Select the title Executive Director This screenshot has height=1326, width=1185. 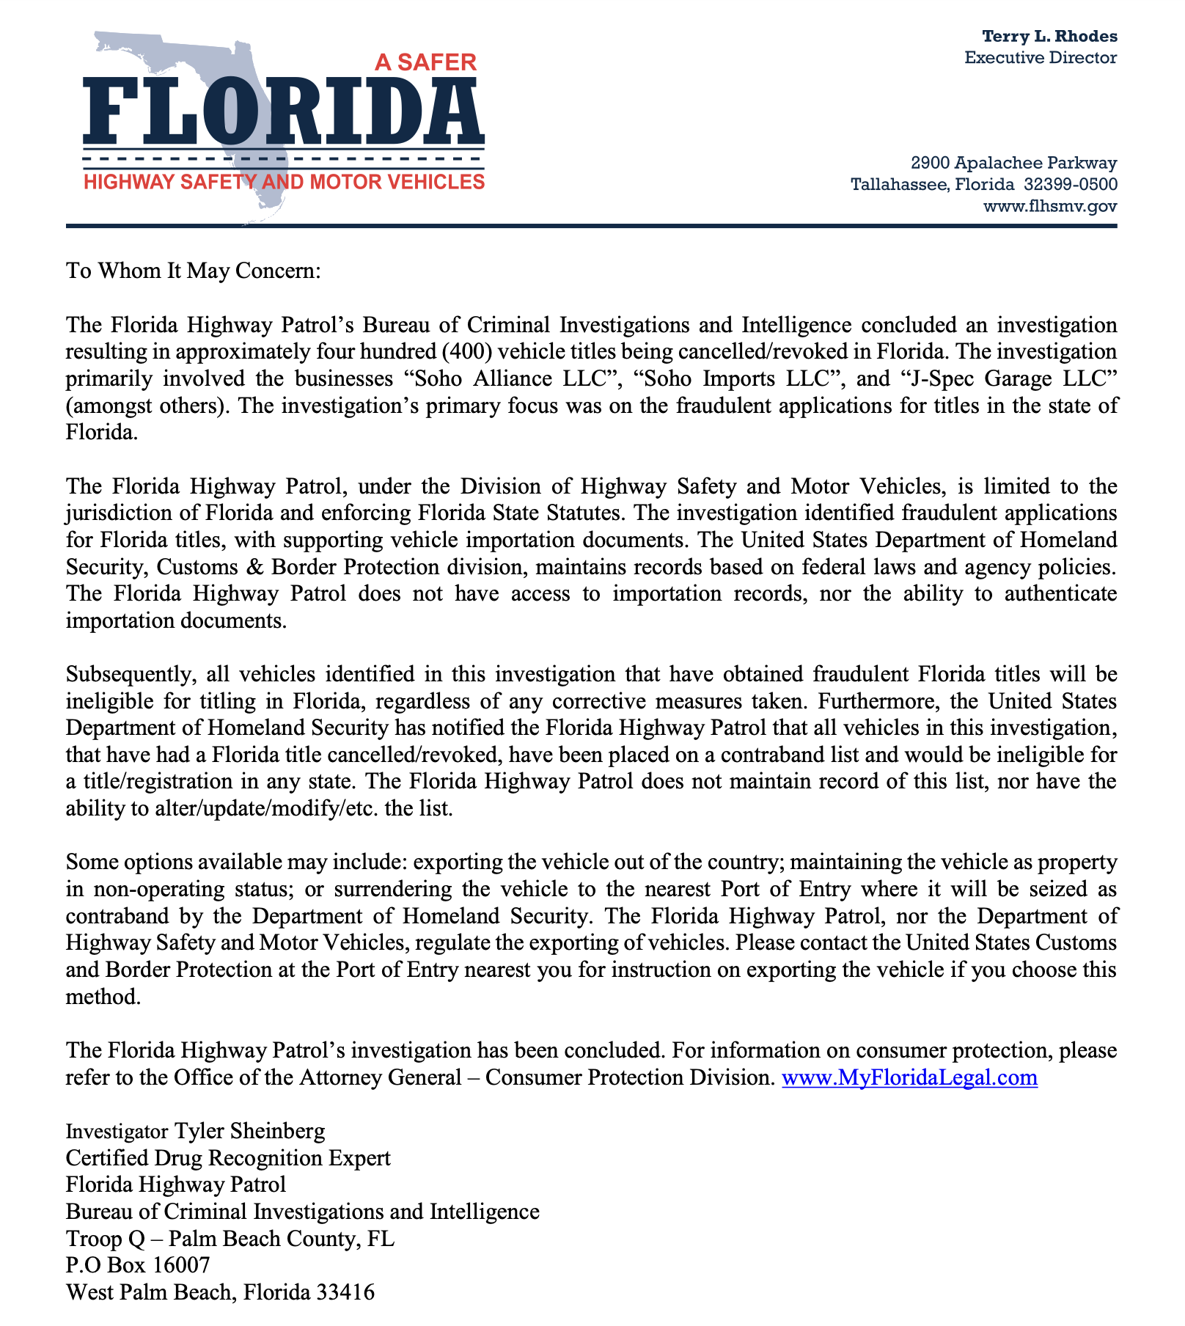pos(1041,57)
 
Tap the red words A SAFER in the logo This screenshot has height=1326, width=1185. pos(425,62)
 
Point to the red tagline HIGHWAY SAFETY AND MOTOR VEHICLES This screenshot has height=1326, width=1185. pos(284,181)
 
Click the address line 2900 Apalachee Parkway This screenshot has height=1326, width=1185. pos(1013,162)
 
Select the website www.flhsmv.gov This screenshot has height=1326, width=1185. pos(1049,206)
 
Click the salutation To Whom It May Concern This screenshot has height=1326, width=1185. pos(194,271)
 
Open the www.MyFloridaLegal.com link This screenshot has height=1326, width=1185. pos(909,1077)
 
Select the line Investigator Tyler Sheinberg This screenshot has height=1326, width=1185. pos(195,1130)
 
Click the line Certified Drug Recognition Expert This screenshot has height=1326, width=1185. pos(228,1157)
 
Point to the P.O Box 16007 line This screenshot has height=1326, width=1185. pos(138,1264)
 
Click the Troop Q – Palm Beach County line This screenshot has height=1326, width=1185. pos(230,1238)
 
